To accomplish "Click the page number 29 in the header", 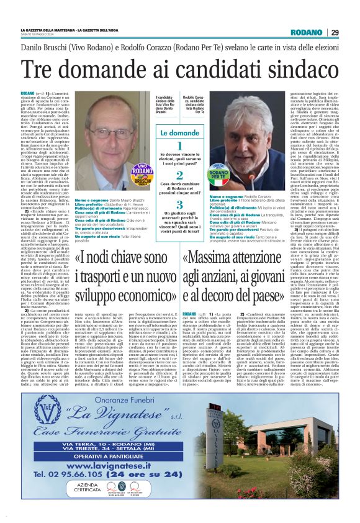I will click(x=335, y=32).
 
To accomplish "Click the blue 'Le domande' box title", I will click(x=179, y=133).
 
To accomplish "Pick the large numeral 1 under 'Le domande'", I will click(x=179, y=147).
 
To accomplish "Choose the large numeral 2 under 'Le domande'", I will click(x=179, y=176).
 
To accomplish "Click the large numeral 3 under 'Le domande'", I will click(x=179, y=204).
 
